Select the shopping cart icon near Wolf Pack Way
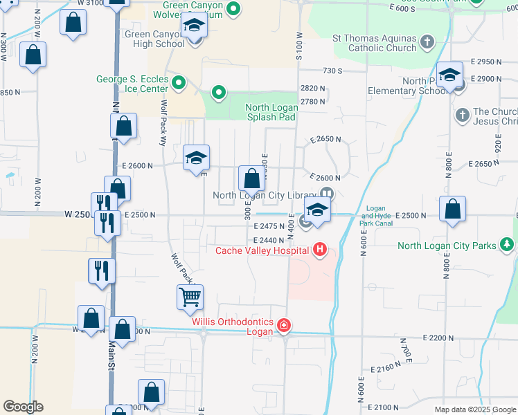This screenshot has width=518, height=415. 190,297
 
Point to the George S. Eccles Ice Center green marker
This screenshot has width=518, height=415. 179,84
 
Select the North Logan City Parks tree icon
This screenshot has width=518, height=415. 508,245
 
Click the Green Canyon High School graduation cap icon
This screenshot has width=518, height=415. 195,26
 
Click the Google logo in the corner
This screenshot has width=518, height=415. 23,407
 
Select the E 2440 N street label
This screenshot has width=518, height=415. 269,239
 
